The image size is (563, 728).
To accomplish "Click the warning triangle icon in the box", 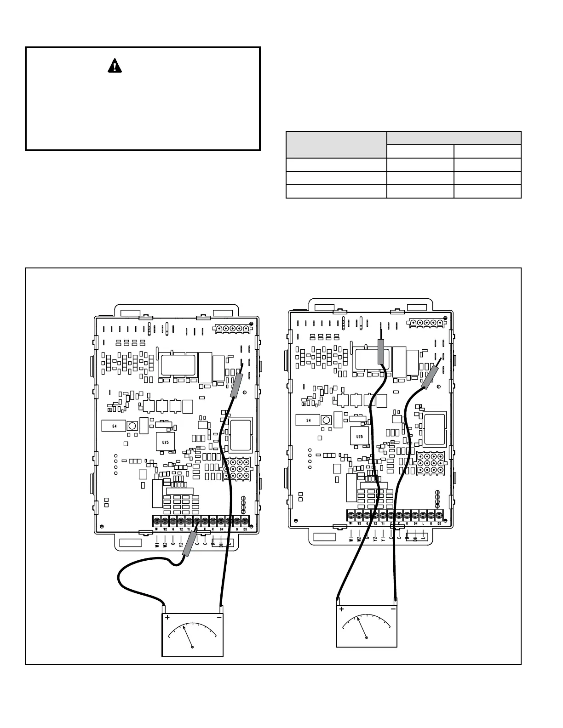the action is tap(115, 67).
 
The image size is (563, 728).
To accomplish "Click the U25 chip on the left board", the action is tap(165, 442).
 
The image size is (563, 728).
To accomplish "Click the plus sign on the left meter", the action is tap(167, 618).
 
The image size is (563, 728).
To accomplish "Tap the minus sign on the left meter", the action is tap(219, 618).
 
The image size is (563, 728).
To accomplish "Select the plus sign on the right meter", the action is tap(341, 609).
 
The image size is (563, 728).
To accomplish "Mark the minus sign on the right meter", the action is tap(393, 609).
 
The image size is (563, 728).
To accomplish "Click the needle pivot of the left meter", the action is tap(192, 647).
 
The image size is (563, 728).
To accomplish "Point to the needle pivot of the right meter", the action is tap(366, 637).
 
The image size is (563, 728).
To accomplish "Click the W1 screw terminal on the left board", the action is tap(157, 521).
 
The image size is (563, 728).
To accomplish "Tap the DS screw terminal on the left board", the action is tap(245, 521).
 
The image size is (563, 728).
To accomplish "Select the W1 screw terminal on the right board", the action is tap(350, 515).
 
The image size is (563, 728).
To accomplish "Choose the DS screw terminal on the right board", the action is tap(439, 515).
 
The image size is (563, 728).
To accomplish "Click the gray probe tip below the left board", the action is tap(188, 549).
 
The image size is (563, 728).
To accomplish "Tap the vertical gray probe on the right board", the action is tap(381, 352).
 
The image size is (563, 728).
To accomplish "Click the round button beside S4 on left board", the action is tap(132, 426).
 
